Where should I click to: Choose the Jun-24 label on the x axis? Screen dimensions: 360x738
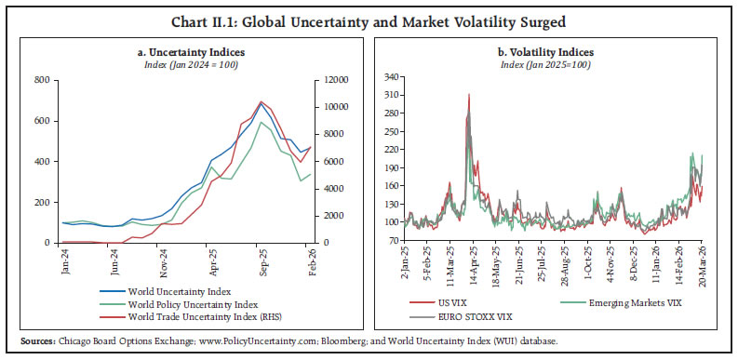click(x=114, y=264)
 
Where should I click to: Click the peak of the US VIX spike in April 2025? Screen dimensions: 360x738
click(x=469, y=94)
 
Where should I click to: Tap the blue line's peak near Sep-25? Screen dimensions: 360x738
click(x=262, y=105)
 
